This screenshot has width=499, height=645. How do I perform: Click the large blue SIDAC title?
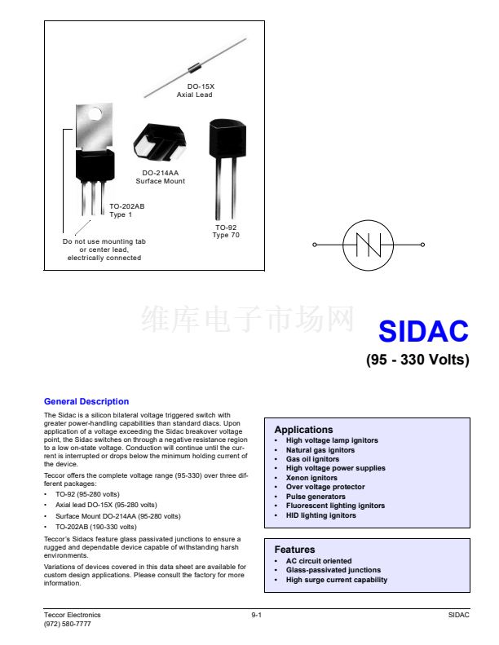tap(423, 331)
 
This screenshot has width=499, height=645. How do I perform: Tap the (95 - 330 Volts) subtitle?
tap(417, 360)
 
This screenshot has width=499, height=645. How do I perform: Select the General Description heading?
tap(86, 401)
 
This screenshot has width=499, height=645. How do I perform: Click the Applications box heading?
tap(303, 430)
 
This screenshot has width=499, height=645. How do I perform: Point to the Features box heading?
tap(294, 550)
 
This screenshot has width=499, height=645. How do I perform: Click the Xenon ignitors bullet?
tap(311, 478)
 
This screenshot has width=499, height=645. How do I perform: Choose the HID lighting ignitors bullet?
tap(320, 515)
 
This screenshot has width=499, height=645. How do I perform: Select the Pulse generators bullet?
tap(316, 497)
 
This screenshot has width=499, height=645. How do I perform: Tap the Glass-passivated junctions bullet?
tap(333, 570)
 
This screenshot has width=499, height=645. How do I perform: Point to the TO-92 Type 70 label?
tap(226, 232)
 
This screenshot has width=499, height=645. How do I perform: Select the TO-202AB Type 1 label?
tap(126, 210)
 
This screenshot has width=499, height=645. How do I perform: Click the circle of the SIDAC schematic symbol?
tap(368, 245)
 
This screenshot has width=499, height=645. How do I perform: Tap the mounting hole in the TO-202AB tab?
tap(95, 115)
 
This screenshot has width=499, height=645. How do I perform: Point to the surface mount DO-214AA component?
tap(159, 144)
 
